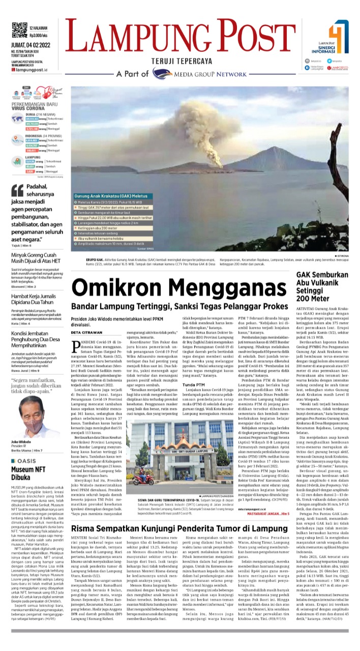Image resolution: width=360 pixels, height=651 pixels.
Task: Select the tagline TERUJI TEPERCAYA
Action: [181, 61]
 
